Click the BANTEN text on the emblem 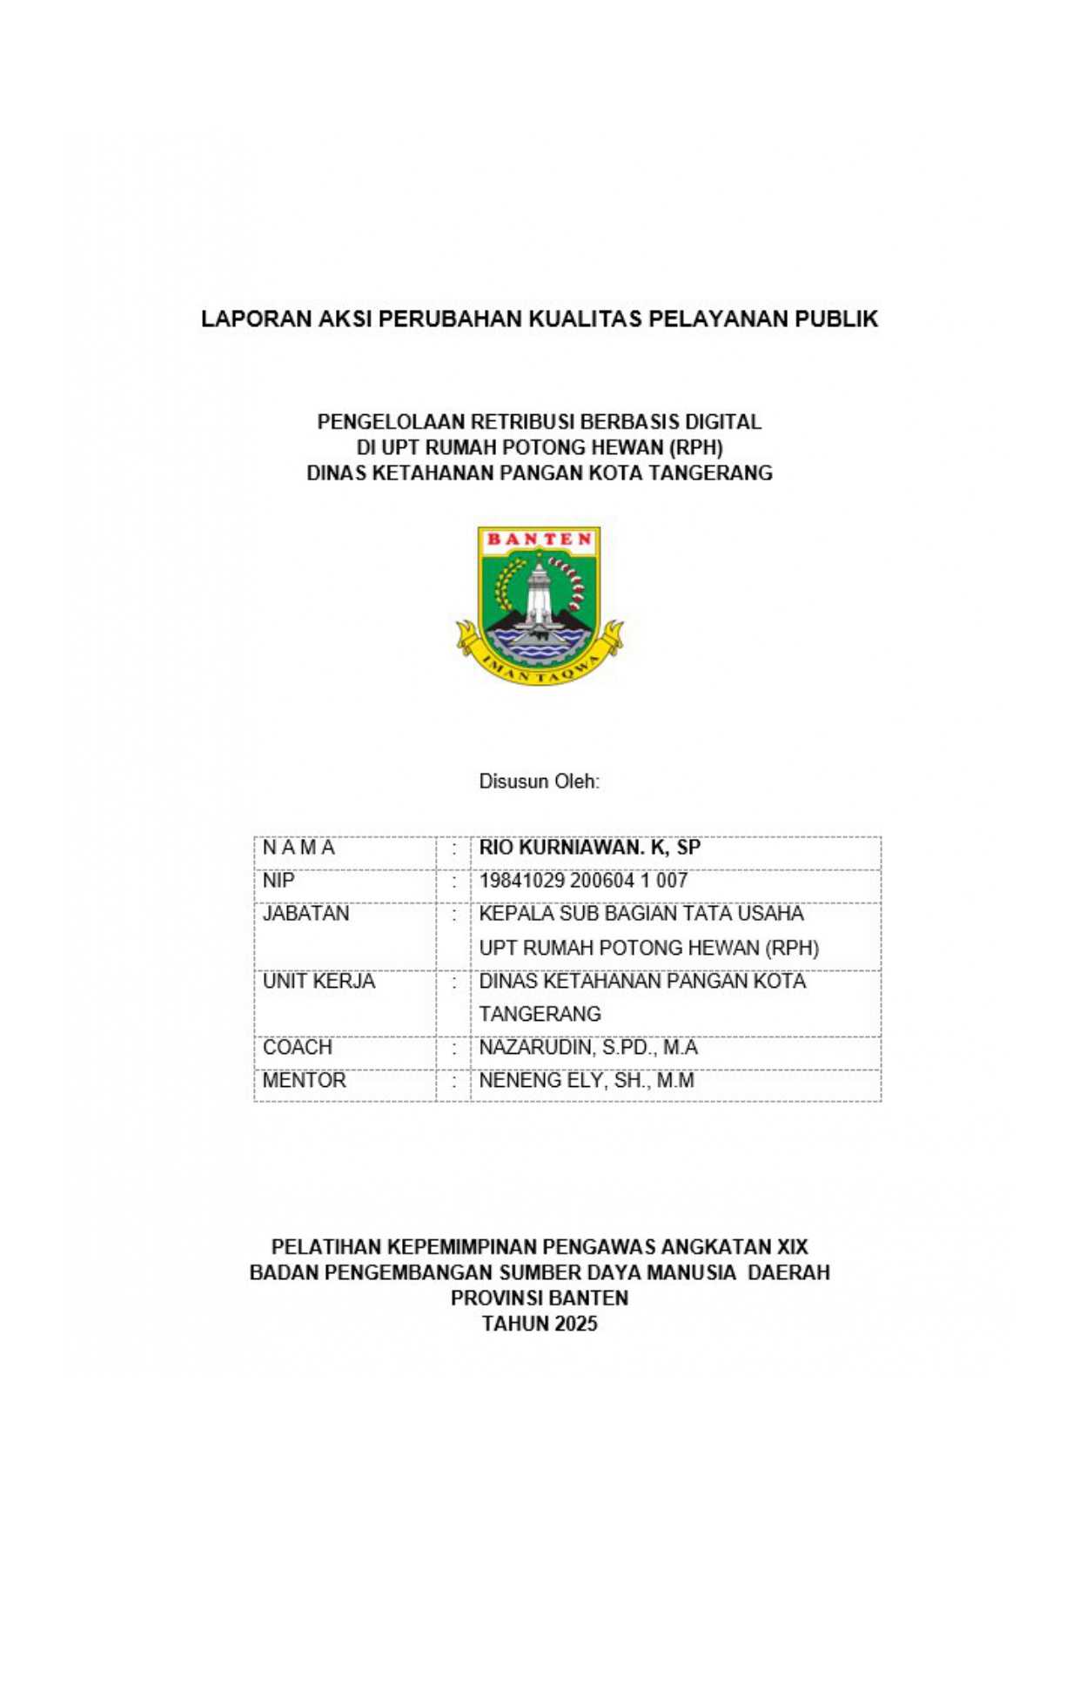(539, 539)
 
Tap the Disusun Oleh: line (539, 781)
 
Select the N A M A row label (299, 848)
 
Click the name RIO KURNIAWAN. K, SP (589, 848)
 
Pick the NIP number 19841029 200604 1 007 (583, 881)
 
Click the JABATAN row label (305, 914)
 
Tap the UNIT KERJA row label (319, 981)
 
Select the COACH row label (297, 1047)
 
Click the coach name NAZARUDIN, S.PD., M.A (588, 1047)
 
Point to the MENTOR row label (304, 1080)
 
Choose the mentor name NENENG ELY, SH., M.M (587, 1080)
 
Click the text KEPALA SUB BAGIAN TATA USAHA (641, 914)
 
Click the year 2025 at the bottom (575, 1324)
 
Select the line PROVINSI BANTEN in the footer (540, 1298)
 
